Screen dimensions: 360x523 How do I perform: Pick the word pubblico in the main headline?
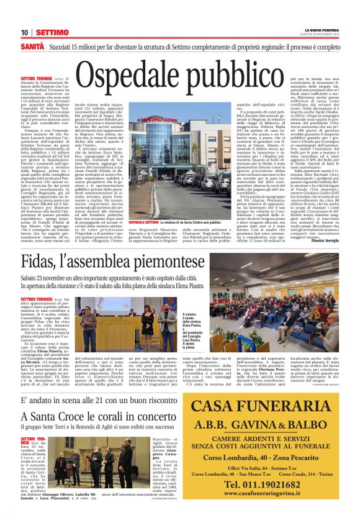(x=243, y=74)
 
